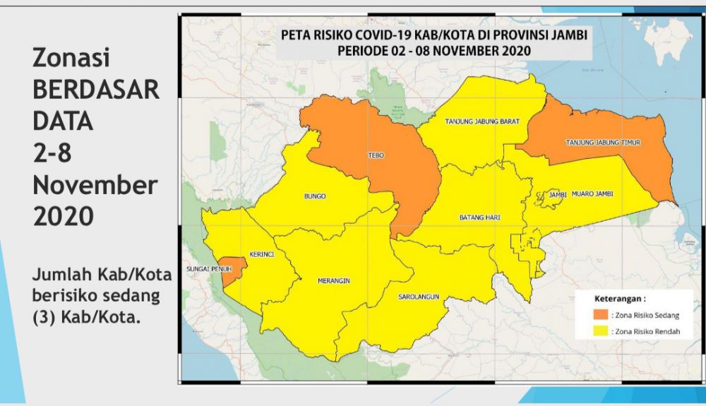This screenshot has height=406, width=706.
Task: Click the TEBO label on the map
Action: pyautogui.click(x=376, y=155)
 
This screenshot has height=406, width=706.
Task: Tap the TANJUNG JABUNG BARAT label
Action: pyautogui.click(x=482, y=121)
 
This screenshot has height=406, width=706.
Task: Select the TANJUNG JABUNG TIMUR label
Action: pyautogui.click(x=603, y=143)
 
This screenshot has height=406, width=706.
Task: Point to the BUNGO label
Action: pyautogui.click(x=314, y=196)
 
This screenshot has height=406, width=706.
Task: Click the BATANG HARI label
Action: pyautogui.click(x=479, y=217)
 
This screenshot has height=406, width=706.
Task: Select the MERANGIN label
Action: pyautogui.click(x=334, y=280)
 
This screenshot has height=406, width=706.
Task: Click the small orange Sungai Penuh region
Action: pyautogui.click(x=234, y=269)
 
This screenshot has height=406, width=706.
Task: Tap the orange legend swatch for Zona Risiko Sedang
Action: pyautogui.click(x=600, y=314)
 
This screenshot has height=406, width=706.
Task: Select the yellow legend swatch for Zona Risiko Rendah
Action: pyautogui.click(x=600, y=330)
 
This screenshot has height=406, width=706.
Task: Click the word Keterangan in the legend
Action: pyautogui.click(x=619, y=298)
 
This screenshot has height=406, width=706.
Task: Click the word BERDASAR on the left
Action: pyautogui.click(x=96, y=90)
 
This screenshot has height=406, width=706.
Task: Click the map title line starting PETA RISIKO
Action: pyautogui.click(x=433, y=36)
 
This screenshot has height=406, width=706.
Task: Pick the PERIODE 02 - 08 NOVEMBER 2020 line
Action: pyautogui.click(x=433, y=51)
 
